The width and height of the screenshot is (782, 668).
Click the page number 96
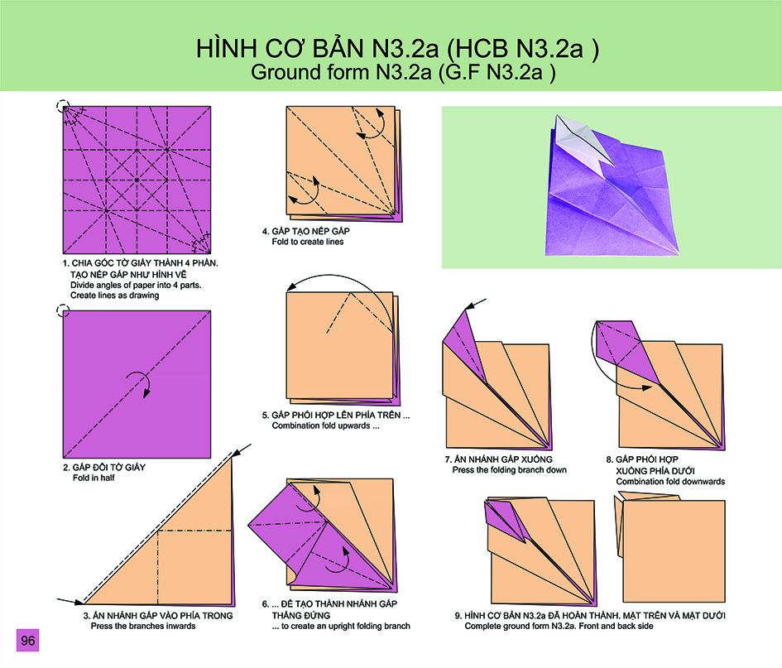coord(27,640)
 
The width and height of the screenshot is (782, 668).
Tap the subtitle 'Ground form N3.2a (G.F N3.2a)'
coord(403,72)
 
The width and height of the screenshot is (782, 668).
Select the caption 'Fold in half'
coord(94,478)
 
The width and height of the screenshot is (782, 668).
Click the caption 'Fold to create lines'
coord(307,242)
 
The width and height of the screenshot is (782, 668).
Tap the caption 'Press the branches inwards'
coord(143,626)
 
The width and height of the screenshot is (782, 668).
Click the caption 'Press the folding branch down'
coord(509,470)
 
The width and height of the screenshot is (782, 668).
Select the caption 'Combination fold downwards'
coord(670,482)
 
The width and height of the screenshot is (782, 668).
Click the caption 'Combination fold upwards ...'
coord(325,426)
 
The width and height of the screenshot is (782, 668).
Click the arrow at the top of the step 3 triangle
coord(242,450)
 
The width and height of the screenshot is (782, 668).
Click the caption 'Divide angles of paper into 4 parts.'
coord(136,286)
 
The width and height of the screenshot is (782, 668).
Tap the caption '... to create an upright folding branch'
coord(341,626)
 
